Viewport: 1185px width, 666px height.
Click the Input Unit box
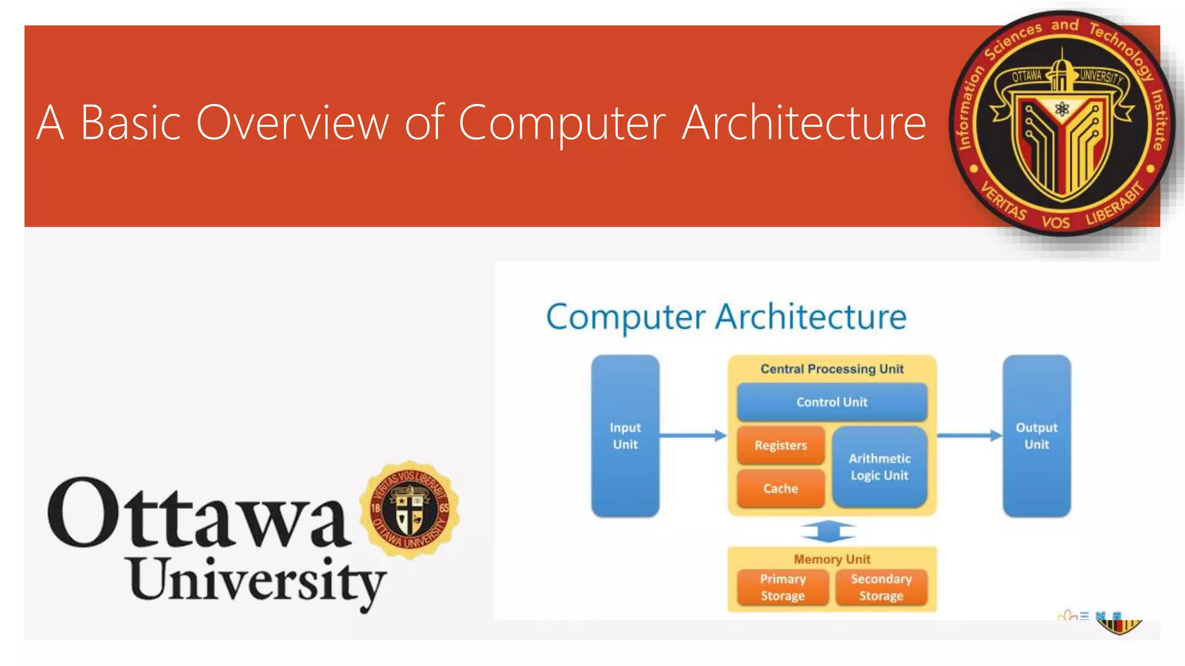625,436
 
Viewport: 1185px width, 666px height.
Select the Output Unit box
1036,436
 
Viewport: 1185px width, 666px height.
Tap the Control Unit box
831,402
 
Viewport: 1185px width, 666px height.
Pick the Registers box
781,445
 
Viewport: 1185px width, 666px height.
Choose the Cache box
781,489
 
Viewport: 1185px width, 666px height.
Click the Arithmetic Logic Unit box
879,467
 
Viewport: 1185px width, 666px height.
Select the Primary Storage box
782,587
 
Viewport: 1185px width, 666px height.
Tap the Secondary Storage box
881,587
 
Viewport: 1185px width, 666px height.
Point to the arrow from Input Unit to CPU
693,435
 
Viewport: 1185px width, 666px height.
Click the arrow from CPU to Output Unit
969,435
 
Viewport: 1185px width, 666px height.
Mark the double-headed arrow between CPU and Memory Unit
829,531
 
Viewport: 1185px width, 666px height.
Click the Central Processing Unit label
831,369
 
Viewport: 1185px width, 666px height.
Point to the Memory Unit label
831,559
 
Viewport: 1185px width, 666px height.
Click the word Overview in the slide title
292,123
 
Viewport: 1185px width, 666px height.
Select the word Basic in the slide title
131,123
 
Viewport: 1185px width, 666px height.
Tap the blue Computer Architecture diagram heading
726,317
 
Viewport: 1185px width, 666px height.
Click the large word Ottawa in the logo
200,515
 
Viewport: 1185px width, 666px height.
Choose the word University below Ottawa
257,581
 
